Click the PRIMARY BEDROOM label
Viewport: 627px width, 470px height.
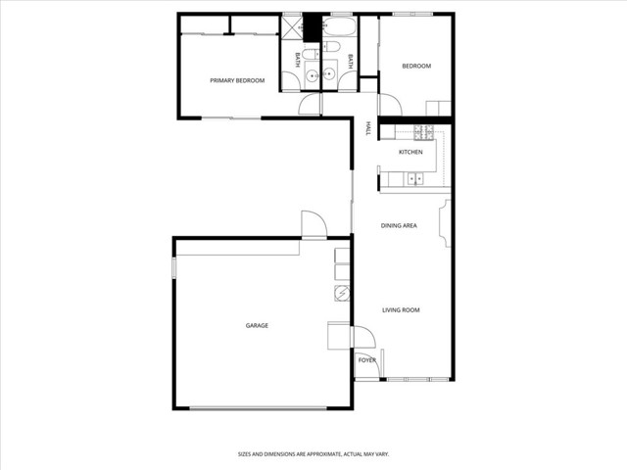(x=237, y=80)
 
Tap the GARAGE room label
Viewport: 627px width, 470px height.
(x=257, y=325)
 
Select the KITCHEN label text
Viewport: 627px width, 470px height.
(x=410, y=153)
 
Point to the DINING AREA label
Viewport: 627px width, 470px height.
(x=399, y=225)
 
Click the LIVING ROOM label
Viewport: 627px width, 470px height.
(x=401, y=309)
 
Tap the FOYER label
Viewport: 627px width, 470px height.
(x=366, y=360)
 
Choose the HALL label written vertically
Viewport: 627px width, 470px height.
(x=367, y=128)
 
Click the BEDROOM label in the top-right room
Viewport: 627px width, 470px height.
(x=416, y=66)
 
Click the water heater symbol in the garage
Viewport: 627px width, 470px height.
(x=342, y=295)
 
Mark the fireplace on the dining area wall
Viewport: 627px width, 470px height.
(x=447, y=223)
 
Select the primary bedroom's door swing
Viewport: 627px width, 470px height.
(x=310, y=104)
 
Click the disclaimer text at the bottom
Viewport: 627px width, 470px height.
(x=313, y=453)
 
